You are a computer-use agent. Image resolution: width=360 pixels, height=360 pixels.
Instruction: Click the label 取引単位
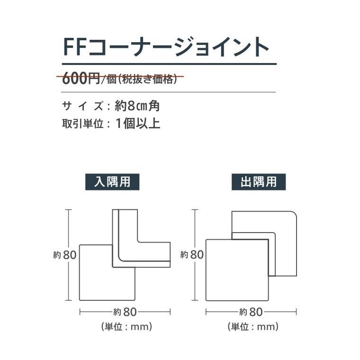click(81, 124)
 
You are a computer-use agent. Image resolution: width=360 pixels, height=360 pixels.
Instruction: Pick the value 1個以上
click(137, 124)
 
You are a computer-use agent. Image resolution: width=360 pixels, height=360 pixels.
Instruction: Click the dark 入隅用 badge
click(112, 182)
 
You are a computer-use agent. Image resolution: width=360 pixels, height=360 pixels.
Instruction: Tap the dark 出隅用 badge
click(258, 182)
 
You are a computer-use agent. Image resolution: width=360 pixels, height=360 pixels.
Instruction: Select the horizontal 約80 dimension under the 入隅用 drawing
click(125, 312)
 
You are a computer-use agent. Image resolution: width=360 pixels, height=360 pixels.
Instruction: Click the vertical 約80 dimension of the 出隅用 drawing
click(192, 254)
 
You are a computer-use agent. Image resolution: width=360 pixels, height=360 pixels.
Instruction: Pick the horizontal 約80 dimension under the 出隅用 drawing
click(252, 312)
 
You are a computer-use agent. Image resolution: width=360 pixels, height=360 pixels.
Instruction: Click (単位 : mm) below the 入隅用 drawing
click(126, 327)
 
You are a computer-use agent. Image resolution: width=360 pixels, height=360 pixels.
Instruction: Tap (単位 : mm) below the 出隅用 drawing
click(252, 327)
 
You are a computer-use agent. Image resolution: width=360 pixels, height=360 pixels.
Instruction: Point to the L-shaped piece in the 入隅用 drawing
click(142, 251)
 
